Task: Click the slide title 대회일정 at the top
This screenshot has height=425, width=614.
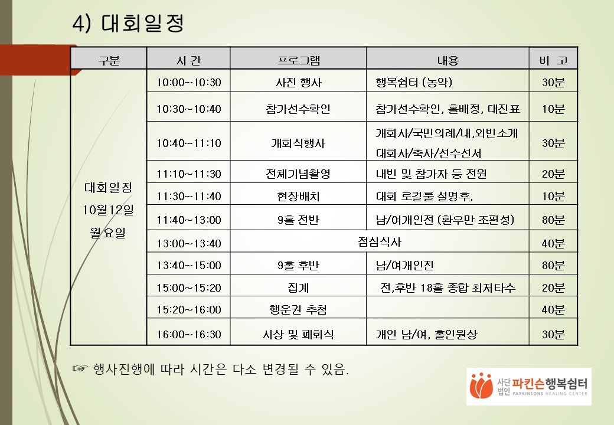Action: tap(142, 23)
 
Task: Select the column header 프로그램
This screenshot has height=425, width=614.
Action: tap(298, 60)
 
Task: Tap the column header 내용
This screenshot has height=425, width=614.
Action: tap(448, 60)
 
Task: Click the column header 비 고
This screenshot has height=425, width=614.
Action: tap(553, 60)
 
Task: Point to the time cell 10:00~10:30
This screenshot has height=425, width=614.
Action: tap(189, 83)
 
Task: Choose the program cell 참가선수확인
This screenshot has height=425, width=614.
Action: tap(298, 109)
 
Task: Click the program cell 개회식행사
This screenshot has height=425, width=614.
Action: tap(298, 143)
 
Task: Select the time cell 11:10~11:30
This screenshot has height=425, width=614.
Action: tap(189, 174)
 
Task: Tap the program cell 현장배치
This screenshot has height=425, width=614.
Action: tap(298, 196)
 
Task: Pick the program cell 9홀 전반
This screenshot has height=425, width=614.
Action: tap(298, 220)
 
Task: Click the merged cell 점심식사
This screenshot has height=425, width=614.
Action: tap(380, 242)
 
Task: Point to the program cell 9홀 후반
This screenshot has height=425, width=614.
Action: tap(298, 266)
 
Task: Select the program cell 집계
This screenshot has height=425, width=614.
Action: tap(298, 288)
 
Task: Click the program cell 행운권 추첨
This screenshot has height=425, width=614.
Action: tap(298, 309)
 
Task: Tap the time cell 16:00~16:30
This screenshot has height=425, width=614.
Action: tap(189, 335)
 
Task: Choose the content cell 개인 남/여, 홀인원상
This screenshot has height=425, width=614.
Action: tap(426, 334)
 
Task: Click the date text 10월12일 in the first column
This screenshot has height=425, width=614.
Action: tap(108, 210)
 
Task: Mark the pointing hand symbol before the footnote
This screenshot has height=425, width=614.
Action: tap(80, 369)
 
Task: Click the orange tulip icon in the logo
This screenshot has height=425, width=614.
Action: tap(481, 385)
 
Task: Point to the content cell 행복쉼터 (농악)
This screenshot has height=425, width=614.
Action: tap(414, 82)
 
